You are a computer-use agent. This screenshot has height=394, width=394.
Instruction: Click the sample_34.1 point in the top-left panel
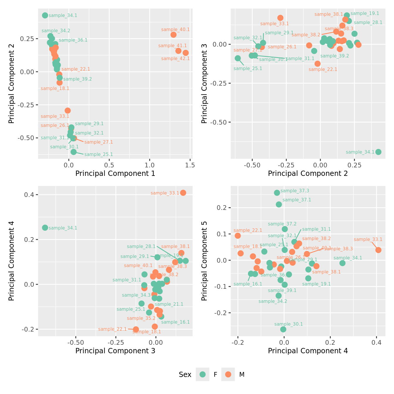point(45,16)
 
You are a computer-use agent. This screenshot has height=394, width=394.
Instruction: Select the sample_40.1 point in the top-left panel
point(174,35)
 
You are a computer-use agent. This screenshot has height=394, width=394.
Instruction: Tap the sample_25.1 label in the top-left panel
point(98,154)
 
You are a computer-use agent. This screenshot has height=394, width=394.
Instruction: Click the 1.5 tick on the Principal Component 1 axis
point(190,165)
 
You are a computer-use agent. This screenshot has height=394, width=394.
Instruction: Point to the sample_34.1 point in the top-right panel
point(378,152)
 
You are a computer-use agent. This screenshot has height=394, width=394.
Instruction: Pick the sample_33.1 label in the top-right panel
point(274,24)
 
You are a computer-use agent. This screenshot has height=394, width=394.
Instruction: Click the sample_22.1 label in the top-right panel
point(323,69)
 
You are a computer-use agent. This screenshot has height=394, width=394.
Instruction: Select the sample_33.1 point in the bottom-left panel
point(183,193)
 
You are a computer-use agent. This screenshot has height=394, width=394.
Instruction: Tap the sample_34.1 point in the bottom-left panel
point(45,228)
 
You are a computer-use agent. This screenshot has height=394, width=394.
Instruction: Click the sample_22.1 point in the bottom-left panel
point(136,330)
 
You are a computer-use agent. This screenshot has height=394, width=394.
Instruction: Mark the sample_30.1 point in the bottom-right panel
point(283,329)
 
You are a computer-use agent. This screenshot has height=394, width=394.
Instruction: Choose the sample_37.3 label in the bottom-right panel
point(295,191)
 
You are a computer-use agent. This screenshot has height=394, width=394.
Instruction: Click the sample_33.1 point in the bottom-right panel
point(378,250)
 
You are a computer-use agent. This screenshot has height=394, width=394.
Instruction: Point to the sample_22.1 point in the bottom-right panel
point(238,236)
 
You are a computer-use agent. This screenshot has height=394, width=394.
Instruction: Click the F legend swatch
point(203,374)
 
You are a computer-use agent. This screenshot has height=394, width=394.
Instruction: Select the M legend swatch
point(228,374)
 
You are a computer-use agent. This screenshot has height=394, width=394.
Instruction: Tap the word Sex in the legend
point(185,375)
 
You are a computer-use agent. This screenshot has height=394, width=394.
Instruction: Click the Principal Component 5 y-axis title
point(204,261)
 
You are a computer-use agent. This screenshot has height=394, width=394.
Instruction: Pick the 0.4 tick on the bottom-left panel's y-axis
point(30,195)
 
